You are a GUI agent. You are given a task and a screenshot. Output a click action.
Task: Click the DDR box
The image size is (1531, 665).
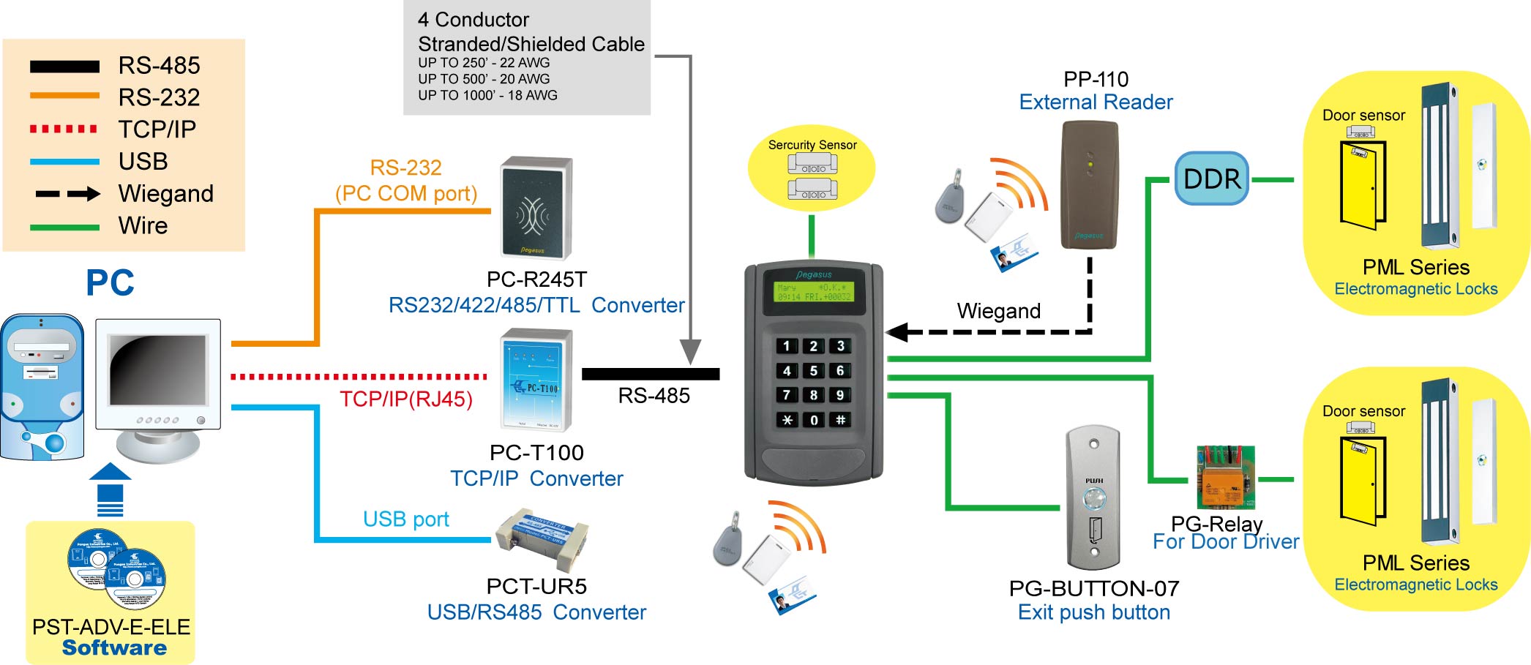(x=1211, y=179)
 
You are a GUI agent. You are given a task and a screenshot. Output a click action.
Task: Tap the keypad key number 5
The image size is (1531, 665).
(x=813, y=371)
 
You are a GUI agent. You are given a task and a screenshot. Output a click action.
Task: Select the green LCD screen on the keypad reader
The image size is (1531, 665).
(x=813, y=292)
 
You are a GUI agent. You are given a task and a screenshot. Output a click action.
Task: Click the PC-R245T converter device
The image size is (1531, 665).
(x=536, y=208)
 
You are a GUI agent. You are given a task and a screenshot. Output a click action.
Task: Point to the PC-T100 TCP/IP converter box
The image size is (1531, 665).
(x=536, y=380)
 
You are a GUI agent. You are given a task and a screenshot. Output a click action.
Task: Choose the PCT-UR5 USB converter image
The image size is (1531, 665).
(x=542, y=541)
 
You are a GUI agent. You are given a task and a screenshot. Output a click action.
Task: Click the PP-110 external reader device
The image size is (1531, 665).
(x=1090, y=185)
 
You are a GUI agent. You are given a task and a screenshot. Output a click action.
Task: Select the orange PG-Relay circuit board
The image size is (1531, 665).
(x=1225, y=478)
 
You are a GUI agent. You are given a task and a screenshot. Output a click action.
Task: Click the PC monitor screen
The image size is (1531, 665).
(x=157, y=370)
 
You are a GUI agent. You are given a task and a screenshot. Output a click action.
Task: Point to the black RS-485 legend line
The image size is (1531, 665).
(x=64, y=67)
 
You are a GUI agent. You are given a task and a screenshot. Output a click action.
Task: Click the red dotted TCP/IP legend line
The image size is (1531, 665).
(x=64, y=129)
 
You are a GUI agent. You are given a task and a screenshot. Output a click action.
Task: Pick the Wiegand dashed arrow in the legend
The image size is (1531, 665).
(x=67, y=194)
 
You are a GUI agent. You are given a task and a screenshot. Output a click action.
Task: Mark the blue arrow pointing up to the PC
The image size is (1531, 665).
(x=110, y=489)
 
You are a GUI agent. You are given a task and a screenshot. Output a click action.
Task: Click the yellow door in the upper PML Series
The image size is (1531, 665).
(x=1361, y=185)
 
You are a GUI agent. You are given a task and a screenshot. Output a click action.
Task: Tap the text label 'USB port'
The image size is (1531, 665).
(x=405, y=519)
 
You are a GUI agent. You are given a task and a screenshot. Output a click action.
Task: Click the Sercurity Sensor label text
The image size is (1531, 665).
(x=812, y=145)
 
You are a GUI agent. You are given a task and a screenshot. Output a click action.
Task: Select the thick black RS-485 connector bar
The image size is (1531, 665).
(x=650, y=374)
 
